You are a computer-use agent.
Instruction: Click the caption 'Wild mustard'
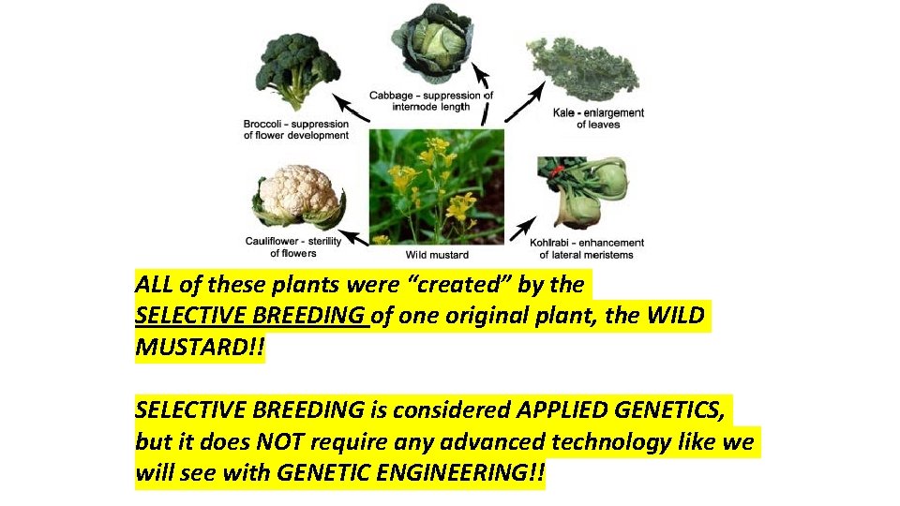pos(437,254)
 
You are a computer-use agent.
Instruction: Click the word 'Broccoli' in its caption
pos(267,124)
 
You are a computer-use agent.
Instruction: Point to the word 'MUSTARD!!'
pos(200,350)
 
